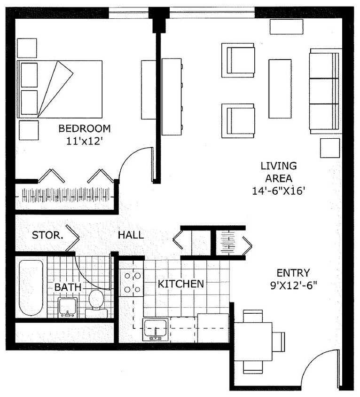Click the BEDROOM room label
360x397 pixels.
(85, 128)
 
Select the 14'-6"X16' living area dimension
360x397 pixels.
(279, 191)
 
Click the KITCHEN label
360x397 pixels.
(180, 284)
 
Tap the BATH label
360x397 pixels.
(68, 286)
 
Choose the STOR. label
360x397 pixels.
(47, 235)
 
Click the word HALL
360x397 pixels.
(131, 235)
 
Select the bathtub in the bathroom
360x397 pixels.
(31, 288)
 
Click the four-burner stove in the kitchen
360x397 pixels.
(131, 282)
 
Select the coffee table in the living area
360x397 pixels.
(280, 88)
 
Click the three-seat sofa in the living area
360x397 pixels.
(325, 90)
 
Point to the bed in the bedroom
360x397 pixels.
(60, 89)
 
